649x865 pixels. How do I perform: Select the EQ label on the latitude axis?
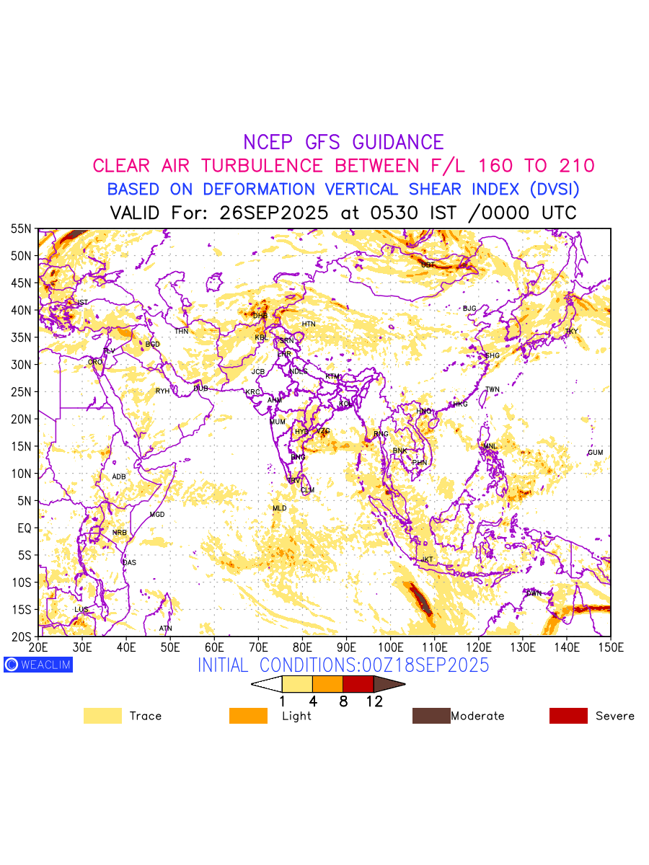25,528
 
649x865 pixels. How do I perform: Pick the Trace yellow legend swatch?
102,716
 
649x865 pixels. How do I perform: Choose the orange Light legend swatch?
247,716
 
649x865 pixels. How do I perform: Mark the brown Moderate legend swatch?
431,716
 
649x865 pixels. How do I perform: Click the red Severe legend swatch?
568,716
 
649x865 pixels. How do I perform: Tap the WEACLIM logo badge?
37,665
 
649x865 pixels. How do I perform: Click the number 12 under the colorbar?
374,701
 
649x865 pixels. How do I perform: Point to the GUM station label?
595,453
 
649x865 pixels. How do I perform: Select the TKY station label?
571,332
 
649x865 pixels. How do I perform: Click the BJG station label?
469,309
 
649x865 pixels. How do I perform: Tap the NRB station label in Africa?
119,533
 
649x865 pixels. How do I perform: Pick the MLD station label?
279,508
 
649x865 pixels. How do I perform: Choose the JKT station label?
428,559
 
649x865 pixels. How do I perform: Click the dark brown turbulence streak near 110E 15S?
420,599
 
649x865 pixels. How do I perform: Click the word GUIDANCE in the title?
397,143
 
